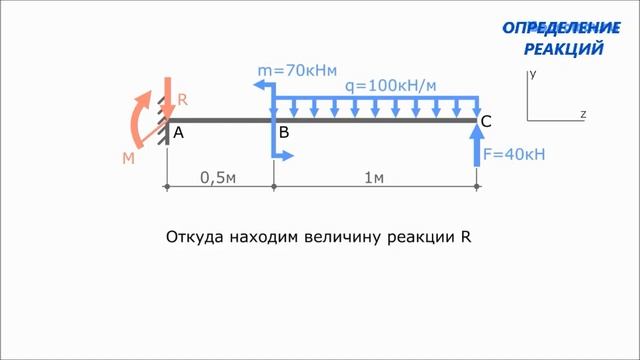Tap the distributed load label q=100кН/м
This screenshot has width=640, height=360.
pos(391,86)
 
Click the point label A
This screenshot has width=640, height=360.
pos(178,132)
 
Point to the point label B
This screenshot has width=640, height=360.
pos(285,132)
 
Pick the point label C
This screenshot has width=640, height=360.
pos(486,122)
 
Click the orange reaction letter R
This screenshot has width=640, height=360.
pos(182,100)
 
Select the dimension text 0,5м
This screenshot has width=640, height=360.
pos(217,178)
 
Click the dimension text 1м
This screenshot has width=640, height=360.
pos(374,178)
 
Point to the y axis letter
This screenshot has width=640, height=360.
pos(534,74)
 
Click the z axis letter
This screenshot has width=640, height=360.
pos(583,114)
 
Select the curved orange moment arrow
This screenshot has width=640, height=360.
pos(137,118)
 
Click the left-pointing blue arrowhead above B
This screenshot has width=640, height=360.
pos(259,86)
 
